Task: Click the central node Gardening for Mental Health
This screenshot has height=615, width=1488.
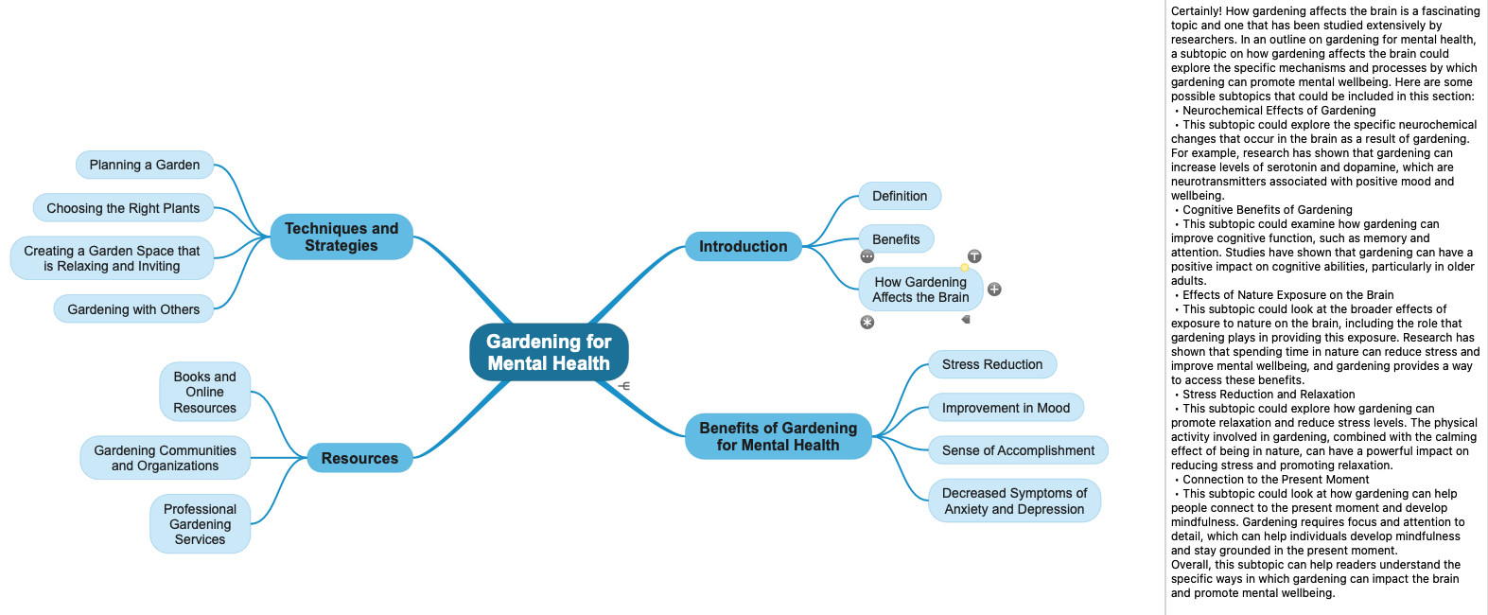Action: [549, 352]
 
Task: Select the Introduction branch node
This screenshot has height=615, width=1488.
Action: [743, 247]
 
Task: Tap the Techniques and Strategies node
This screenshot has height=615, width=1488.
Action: [341, 237]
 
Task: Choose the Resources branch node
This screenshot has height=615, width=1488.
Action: [359, 458]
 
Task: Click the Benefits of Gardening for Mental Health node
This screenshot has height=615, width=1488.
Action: [778, 436]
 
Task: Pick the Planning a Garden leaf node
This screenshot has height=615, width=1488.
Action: [145, 165]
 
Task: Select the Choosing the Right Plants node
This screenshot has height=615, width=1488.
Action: [123, 208]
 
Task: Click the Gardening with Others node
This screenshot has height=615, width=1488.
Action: [133, 309]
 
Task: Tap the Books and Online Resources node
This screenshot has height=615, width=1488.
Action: [204, 392]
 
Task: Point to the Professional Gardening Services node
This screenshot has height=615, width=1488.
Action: [200, 524]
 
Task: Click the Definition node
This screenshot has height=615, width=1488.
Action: [900, 196]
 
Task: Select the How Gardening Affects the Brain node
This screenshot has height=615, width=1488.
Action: [920, 290]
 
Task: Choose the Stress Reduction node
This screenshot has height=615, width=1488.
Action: [992, 364]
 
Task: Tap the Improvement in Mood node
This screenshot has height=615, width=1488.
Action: [1006, 408]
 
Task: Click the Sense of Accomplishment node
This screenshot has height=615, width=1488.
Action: [1018, 450]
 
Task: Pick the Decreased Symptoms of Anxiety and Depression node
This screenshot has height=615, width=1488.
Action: [1014, 501]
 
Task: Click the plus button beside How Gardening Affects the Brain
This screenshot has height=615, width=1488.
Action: [994, 290]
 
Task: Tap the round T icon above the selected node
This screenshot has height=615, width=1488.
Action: [974, 256]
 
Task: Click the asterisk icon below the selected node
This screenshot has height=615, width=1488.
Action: [867, 323]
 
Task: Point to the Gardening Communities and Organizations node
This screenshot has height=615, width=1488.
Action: [165, 458]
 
